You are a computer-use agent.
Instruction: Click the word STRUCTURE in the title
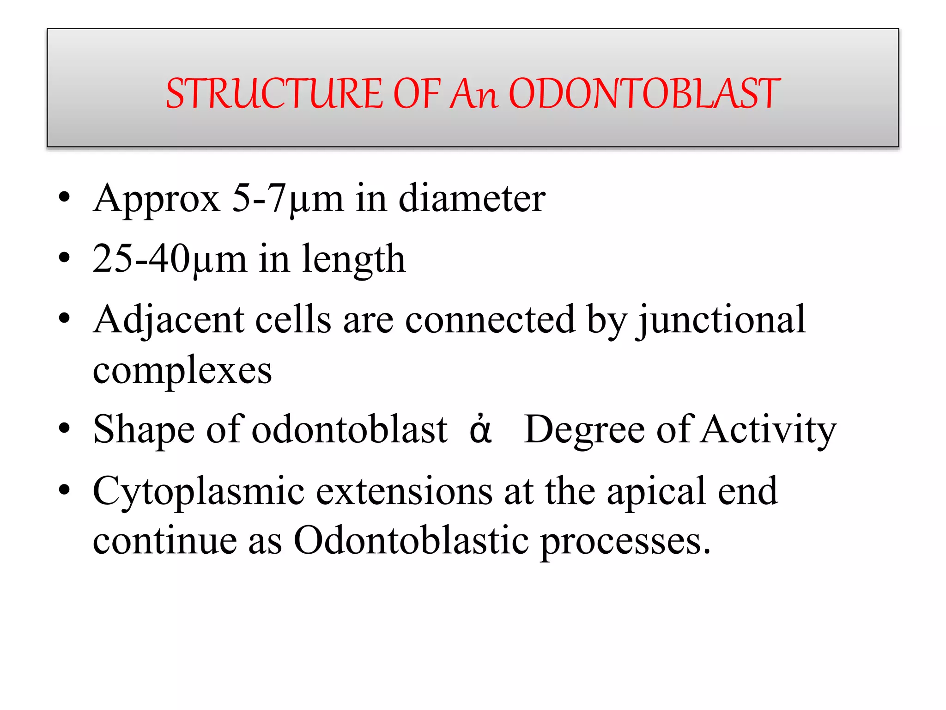point(274,94)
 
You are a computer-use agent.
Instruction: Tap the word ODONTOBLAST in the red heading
point(644,94)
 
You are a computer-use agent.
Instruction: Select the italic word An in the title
point(474,94)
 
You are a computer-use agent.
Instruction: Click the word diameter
point(472,199)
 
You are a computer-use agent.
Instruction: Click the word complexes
point(182,371)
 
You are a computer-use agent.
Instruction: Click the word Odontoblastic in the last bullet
point(411,541)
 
